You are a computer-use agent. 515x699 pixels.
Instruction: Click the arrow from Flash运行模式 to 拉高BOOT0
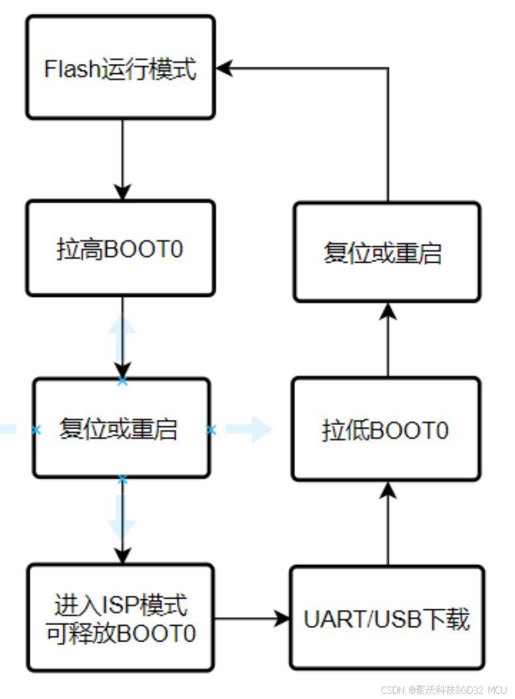pyautogui.click(x=123, y=160)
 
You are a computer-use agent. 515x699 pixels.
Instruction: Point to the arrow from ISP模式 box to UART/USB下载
pyautogui.click(x=252, y=618)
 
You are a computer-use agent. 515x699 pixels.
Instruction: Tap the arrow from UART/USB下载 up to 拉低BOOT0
pyautogui.click(x=388, y=524)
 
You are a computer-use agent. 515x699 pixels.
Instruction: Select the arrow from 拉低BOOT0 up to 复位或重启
pyautogui.click(x=388, y=340)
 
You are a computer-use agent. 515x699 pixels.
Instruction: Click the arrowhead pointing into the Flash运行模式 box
pyautogui.click(x=224, y=68)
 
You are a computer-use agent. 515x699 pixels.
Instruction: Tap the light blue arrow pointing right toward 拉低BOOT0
pyautogui.click(x=249, y=429)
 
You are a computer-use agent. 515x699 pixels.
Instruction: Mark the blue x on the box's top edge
pyautogui.click(x=122, y=381)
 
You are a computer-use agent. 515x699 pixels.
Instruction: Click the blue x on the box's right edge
pyautogui.click(x=211, y=430)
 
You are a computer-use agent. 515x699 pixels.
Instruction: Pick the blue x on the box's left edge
pyautogui.click(x=36, y=430)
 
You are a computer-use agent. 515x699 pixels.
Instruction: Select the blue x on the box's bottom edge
pyautogui.click(x=122, y=480)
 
